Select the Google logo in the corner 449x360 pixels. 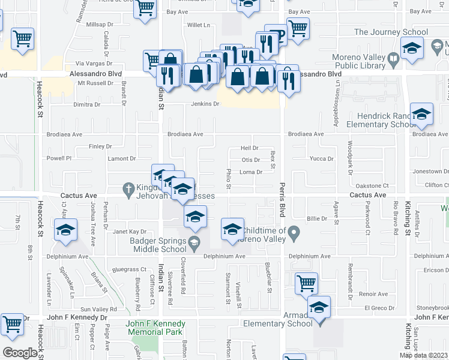[20, 353]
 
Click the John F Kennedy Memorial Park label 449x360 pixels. [155, 328]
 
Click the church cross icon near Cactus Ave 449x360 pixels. [128, 188]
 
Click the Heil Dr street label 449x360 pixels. [249, 148]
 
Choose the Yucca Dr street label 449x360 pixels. [321, 159]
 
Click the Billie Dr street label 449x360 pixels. [316, 219]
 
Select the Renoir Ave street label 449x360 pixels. [373, 294]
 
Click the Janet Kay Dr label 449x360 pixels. [130, 231]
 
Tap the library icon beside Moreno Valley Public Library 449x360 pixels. [393, 59]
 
